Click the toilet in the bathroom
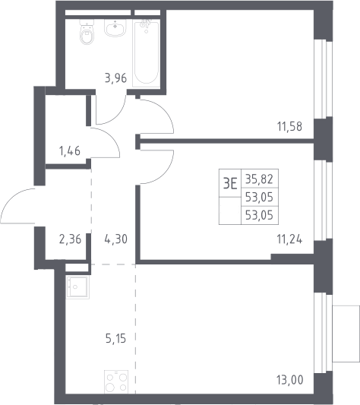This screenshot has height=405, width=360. tap(87, 31)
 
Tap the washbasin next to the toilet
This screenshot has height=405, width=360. tap(115, 27)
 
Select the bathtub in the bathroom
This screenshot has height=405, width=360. tap(146, 53)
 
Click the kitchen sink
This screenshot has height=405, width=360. tap(77, 287)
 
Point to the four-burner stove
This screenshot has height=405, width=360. tap(116, 381)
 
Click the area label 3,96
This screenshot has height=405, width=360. tap(115, 78)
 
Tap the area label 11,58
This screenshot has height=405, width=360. tap(289, 127)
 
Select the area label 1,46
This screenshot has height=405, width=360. tap(70, 150)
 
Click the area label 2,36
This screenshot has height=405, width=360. tap(70, 239)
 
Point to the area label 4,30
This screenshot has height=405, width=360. tap(116, 239)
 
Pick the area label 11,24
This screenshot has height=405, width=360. tap(289, 239)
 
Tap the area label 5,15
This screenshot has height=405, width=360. tap(115, 338)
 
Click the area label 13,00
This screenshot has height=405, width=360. tap(290, 380)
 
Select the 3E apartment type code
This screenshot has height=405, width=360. tap(230, 184)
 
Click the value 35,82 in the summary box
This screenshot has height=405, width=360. tap(259, 179)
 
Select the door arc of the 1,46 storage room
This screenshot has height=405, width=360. tap(112, 137)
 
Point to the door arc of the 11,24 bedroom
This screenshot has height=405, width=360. tap(166, 173)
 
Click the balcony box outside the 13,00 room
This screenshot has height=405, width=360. tap(346, 334)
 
